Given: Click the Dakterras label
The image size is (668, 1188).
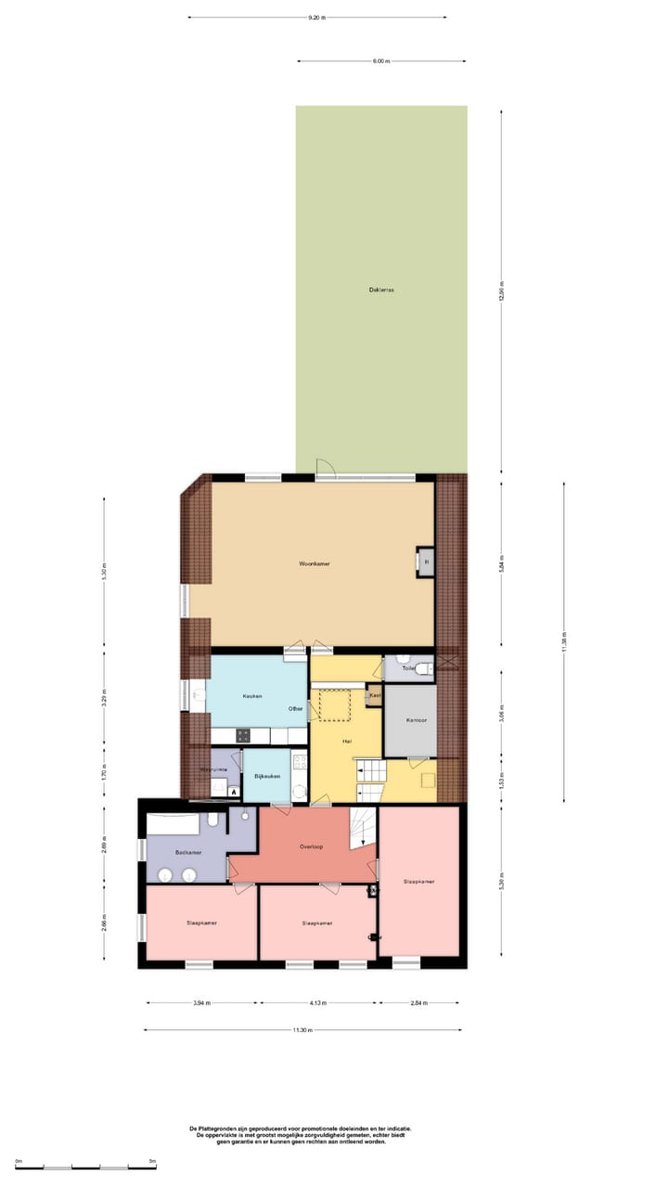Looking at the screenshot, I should point(381,290).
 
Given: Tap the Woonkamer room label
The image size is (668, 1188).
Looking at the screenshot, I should point(315,564).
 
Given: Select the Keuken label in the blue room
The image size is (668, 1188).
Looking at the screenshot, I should point(252,696).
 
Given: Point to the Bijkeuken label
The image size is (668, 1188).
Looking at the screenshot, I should point(267,776).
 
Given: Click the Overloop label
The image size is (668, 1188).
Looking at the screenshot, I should point(311,846).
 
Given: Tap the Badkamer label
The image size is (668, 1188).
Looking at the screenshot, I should point(187,851).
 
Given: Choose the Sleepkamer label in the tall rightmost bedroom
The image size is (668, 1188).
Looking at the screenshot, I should point(419,881).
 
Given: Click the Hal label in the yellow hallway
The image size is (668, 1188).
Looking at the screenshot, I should point(345,741).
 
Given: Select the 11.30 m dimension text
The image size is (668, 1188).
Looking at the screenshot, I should point(302,1030).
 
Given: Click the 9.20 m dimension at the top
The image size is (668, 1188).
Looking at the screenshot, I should point(316,17).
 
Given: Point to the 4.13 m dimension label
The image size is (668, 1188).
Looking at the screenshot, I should point(318,1003).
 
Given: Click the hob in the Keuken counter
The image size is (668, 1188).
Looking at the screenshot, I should point(243,734).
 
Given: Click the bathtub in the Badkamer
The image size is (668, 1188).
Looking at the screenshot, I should point(173,822).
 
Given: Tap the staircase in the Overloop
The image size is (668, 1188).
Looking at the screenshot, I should point(361,827).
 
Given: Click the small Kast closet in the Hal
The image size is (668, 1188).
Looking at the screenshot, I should point(375,695).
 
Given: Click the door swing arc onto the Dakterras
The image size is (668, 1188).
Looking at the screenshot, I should point(325,468).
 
